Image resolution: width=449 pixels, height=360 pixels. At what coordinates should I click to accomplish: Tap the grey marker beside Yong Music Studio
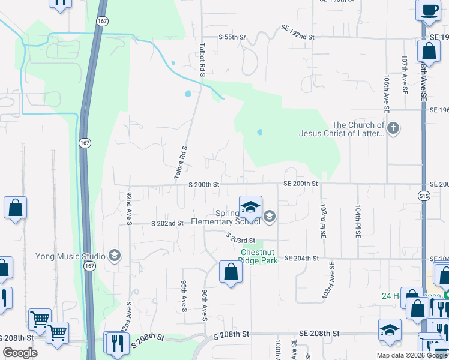115,256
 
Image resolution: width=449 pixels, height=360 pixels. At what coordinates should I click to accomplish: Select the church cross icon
393,128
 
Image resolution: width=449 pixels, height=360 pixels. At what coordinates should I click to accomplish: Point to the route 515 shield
424,196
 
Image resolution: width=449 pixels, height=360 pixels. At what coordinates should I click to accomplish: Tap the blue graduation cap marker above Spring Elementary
251,208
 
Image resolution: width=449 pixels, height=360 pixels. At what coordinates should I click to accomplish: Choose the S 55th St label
232,37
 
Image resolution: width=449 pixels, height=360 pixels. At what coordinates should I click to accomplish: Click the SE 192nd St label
298,37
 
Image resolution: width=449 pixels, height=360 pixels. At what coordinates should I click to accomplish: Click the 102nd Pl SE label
323,221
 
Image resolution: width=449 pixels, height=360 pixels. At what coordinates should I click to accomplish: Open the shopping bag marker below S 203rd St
231,273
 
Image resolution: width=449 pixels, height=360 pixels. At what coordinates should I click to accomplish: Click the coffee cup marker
430,11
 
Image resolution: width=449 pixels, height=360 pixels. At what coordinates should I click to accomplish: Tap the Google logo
20,353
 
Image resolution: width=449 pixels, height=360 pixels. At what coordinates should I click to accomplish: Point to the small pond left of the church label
260,132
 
